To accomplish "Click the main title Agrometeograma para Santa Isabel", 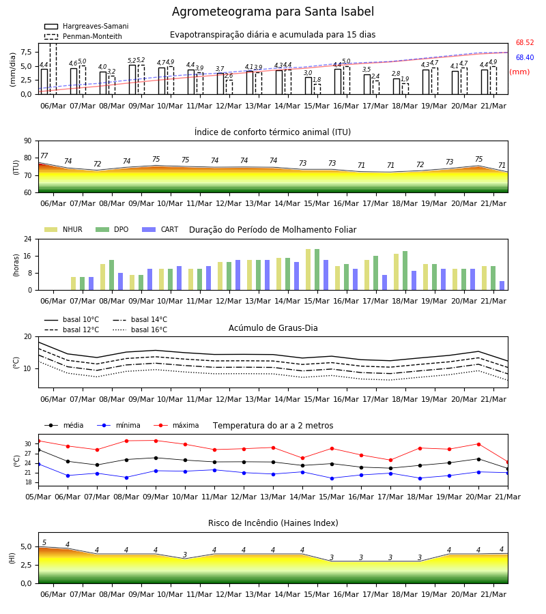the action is coord(272,12).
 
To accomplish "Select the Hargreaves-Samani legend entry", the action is coord(86,26).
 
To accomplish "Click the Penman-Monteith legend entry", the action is coord(83,36).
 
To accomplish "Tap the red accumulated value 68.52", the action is coord(525,43).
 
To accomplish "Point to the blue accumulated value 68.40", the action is coord(525,57).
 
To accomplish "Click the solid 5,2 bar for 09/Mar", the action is coord(132,80).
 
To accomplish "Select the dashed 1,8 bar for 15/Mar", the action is coord(317,89).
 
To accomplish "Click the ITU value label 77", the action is coord(44,156).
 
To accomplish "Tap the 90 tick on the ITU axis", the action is coord(28,141).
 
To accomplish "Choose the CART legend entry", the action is coord(160,229).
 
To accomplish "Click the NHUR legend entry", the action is coord(63,229).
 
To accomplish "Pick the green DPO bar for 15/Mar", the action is coord(317,269).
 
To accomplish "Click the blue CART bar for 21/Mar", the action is coord(502,285).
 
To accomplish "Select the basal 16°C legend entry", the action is coord(140,330).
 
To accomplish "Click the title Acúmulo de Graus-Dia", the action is coord(273,328).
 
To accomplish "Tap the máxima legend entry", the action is coord(176,425).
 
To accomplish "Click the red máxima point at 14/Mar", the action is coord(302,458).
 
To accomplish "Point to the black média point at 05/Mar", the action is coord(38,450).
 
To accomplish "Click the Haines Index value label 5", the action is coord(44,543).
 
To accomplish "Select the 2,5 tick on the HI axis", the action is coord(27,565).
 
